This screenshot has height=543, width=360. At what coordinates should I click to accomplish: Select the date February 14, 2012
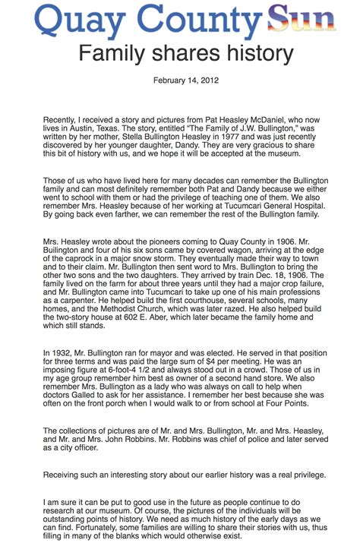(179, 80)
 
